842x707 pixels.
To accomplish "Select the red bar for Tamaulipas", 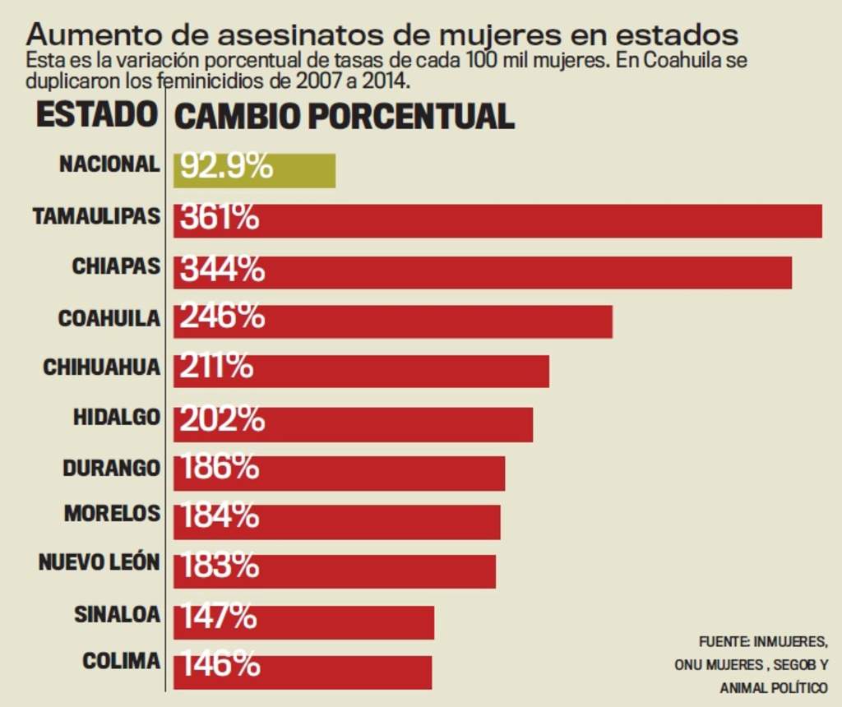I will (534, 220).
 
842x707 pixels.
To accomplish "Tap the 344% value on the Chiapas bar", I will (222, 269).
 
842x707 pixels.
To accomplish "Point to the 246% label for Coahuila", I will (222, 317).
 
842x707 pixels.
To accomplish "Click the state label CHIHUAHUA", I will (101, 367).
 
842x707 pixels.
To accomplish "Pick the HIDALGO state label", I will (116, 417).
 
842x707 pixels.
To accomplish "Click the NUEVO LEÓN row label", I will (99, 563).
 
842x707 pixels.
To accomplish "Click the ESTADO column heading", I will (96, 114).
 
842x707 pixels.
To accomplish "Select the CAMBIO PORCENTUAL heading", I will (345, 117).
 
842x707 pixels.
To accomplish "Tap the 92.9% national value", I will (226, 167).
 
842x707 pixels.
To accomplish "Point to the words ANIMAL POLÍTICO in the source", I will (774, 687).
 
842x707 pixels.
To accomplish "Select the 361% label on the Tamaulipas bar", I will (220, 218).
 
